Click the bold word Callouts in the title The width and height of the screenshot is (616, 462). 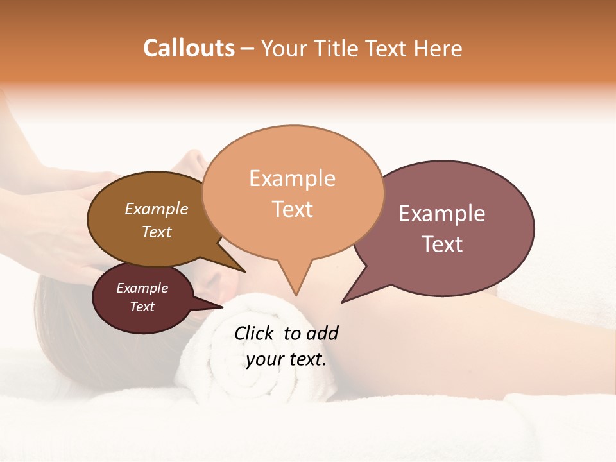189,48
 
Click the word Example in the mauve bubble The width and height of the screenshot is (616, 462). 441,214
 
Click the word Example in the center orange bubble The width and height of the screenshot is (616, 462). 292,178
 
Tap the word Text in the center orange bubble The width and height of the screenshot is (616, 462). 292,209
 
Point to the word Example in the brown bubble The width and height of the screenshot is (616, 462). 157,209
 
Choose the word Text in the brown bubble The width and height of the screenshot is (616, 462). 157,232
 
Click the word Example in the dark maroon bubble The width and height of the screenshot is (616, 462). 142,288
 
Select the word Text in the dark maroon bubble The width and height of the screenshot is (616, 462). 142,307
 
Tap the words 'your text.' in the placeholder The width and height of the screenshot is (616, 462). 286,359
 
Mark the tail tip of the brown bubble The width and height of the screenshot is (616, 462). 244,271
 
